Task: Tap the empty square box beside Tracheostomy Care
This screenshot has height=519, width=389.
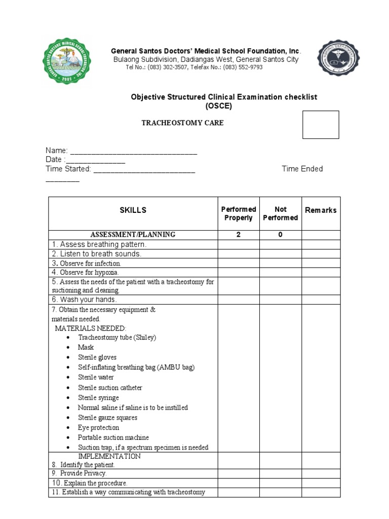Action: [321, 125]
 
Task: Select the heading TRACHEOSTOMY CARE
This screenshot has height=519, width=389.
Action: [182, 123]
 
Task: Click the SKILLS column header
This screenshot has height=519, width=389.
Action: [133, 210]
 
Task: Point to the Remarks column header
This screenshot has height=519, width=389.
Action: [321, 210]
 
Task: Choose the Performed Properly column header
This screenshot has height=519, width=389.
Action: [239, 213]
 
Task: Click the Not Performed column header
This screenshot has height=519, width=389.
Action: [280, 213]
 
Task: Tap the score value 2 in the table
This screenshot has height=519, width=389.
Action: [239, 235]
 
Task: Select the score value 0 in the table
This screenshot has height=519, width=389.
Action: [280, 235]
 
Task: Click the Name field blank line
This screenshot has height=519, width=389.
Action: [134, 152]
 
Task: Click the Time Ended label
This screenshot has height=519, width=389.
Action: [302, 169]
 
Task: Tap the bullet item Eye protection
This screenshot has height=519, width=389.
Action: [98, 428]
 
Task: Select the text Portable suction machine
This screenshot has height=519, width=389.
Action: [113, 437]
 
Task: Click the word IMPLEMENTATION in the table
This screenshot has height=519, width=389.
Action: [109, 456]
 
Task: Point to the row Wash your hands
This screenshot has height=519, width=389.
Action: [84, 300]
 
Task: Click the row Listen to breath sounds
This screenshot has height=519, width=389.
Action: [96, 254]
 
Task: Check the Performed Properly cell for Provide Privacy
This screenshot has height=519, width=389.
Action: [239, 473]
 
